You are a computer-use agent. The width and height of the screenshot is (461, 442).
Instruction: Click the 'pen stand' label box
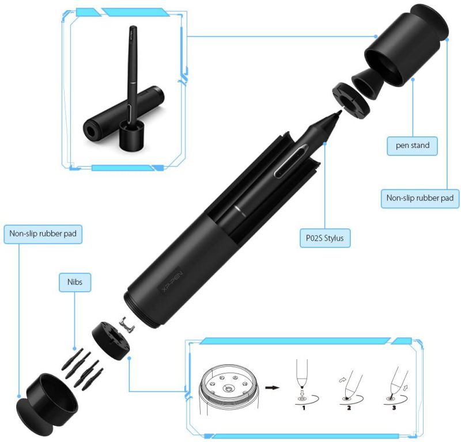point(412,146)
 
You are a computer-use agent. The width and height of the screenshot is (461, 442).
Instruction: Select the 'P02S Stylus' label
point(325,238)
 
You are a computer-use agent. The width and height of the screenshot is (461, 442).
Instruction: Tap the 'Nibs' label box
point(75,282)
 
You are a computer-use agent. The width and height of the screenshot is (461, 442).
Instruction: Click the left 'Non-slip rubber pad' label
point(43,234)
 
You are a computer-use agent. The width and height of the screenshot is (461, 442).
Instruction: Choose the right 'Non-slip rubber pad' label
point(420,198)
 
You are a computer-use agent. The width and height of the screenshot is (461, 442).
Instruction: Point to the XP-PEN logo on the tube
point(172,281)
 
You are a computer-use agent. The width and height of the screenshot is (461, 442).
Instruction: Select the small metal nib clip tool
point(127,325)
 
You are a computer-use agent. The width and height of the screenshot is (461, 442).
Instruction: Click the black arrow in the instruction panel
point(272,388)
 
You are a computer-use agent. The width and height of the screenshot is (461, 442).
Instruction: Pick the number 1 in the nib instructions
point(304,407)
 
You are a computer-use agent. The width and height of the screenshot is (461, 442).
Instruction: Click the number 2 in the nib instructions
point(349,407)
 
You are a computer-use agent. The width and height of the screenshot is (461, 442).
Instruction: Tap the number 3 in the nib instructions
point(394,407)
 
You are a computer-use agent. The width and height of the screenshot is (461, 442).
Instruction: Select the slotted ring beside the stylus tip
point(351,101)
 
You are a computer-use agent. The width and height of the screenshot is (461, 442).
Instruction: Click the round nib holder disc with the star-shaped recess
point(111,341)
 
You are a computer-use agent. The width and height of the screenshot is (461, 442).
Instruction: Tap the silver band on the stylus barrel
point(240,211)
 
